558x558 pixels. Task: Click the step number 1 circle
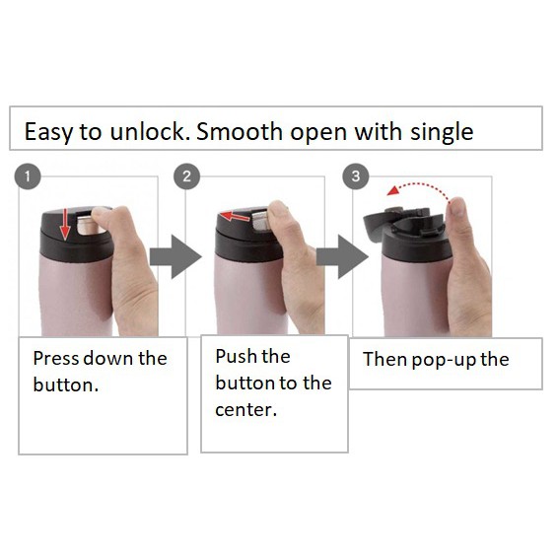pos(28,176)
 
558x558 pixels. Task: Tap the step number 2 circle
pos(187,176)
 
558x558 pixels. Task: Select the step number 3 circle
pos(356,176)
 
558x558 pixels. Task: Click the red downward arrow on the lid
pos(65,224)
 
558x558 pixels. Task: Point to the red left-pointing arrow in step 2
pos(235,216)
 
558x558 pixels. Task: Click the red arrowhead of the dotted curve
pos(393,190)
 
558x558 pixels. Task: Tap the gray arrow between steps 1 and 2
pos(175,256)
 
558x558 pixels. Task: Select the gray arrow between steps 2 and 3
pos(342,256)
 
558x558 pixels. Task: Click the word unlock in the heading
pos(150,131)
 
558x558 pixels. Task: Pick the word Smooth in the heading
pos(240,131)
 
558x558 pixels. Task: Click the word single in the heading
pos(442,132)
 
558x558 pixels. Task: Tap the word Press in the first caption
pos(55,358)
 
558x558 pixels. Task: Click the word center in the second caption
pos(245,409)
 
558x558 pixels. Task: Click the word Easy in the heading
pos(48,132)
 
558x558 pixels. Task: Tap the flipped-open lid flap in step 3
pos(377,225)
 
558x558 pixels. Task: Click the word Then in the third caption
pos(384,359)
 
